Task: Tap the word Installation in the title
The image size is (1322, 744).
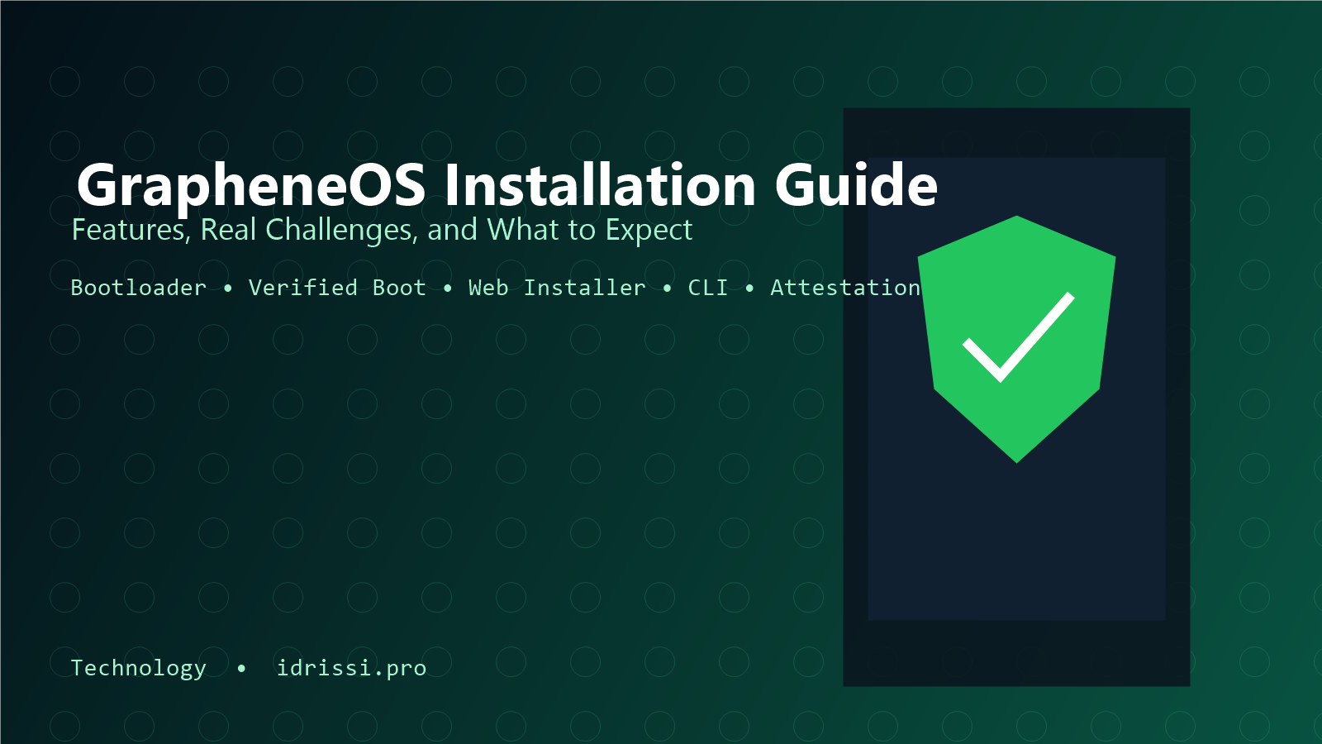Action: click(x=600, y=184)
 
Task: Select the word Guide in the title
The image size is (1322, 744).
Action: click(x=856, y=184)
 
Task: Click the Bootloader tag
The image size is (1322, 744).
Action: click(x=139, y=288)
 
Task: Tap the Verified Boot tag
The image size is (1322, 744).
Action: click(x=337, y=288)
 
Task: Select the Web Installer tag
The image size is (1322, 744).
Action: click(x=557, y=288)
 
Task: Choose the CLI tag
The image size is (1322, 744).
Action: click(x=707, y=288)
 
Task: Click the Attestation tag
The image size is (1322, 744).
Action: click(x=845, y=288)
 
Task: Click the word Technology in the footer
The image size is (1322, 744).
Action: click(x=139, y=669)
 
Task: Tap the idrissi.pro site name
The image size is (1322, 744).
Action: click(x=351, y=668)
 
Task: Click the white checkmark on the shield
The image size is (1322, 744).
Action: click(x=1018, y=337)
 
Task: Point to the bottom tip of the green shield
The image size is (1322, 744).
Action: click(x=1016, y=463)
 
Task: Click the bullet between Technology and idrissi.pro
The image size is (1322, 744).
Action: click(x=240, y=669)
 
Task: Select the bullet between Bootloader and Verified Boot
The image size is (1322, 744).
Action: click(x=228, y=289)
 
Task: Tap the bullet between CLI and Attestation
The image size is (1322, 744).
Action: click(x=749, y=289)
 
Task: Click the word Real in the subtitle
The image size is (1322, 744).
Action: click(x=228, y=230)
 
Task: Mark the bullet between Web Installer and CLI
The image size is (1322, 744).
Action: click(x=667, y=289)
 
